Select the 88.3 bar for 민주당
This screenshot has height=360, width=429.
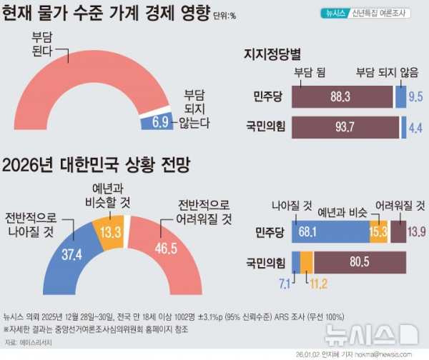(342, 96)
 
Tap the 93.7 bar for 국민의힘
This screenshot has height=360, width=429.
(345, 126)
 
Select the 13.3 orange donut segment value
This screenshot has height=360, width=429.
(110, 231)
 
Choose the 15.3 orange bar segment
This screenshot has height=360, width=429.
(378, 232)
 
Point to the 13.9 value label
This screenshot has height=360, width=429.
(416, 232)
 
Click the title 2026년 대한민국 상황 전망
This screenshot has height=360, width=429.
(106, 166)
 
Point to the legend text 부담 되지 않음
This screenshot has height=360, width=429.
(387, 72)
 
